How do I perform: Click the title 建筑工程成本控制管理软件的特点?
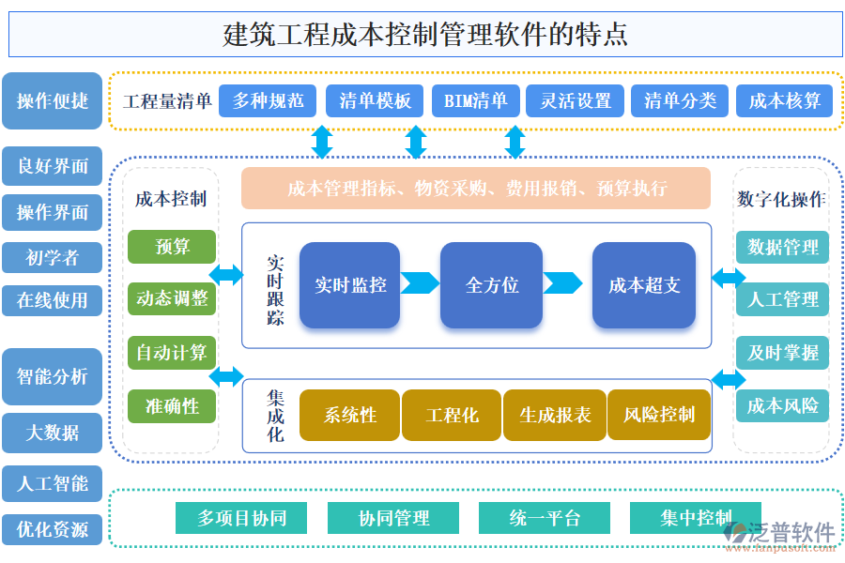point(425,35)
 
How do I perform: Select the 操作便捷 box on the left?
point(53,100)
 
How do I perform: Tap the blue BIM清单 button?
point(475,101)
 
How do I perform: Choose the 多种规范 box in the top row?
point(268,101)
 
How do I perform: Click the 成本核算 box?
point(784,101)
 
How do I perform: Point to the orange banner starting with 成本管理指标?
point(476,189)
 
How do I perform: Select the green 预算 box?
point(172,247)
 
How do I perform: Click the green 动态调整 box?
point(172,298)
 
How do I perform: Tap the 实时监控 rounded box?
point(350,285)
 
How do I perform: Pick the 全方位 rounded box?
point(492,285)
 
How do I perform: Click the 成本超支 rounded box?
point(644,285)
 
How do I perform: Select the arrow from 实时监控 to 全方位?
point(421,283)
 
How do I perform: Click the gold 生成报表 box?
point(555,415)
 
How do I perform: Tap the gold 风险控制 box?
point(659,415)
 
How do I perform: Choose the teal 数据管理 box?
point(782,248)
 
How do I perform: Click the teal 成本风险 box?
point(782,405)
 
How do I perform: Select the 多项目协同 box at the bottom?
point(241,518)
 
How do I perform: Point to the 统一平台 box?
point(545,518)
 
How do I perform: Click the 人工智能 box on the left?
point(53,483)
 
